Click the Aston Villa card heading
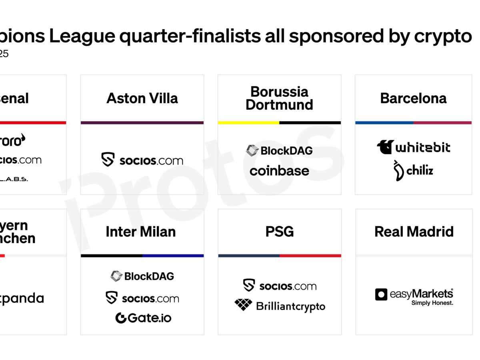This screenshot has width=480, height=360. (x=142, y=98)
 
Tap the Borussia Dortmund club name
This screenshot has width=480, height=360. (x=279, y=98)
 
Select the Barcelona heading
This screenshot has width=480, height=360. (x=413, y=98)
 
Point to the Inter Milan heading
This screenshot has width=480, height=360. (x=140, y=232)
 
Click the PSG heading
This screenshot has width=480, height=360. (x=279, y=232)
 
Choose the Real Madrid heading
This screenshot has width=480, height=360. (x=414, y=232)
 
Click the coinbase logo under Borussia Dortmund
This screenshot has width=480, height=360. (x=279, y=171)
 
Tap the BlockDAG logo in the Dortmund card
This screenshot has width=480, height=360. (x=279, y=150)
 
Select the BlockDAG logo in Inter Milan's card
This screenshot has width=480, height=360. (x=142, y=276)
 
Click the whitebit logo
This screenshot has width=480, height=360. (x=413, y=147)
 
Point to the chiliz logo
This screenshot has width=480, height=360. (x=413, y=171)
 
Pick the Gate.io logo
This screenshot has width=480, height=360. (x=143, y=318)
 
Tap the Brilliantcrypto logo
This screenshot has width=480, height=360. (x=280, y=306)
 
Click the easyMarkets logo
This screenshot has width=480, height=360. (x=414, y=294)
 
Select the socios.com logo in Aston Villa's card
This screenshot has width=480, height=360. (x=142, y=160)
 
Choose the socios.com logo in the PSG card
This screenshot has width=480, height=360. (x=280, y=286)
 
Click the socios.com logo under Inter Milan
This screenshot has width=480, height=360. (x=142, y=298)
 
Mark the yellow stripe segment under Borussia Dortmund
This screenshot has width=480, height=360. (x=248, y=123)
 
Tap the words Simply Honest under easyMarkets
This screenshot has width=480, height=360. (x=432, y=303)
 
